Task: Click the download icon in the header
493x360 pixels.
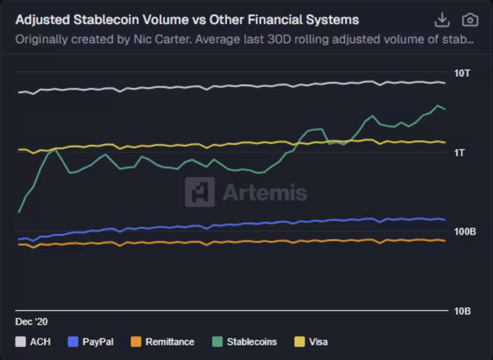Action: coord(442,20)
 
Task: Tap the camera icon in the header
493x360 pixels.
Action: coord(470,20)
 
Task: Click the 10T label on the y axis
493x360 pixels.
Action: coord(462,73)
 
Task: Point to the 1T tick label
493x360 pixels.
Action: coord(459,153)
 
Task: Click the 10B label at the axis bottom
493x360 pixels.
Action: coord(462,311)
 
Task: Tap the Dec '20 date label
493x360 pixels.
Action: coord(31,322)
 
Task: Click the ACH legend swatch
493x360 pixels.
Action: coord(21,342)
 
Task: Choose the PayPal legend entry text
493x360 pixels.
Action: coord(98,342)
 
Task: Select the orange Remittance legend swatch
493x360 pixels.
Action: coord(136,342)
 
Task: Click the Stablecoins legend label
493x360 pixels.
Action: coord(252,342)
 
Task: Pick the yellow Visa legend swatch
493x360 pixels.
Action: coord(300,342)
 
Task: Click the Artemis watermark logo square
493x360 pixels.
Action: coord(200,192)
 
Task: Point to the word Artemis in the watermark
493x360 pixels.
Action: coord(265,192)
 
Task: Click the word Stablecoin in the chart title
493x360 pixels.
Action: coord(101,20)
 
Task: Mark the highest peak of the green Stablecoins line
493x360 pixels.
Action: coord(437,105)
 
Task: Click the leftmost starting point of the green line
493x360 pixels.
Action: coord(19,212)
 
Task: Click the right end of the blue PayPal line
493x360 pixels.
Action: coord(445,220)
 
